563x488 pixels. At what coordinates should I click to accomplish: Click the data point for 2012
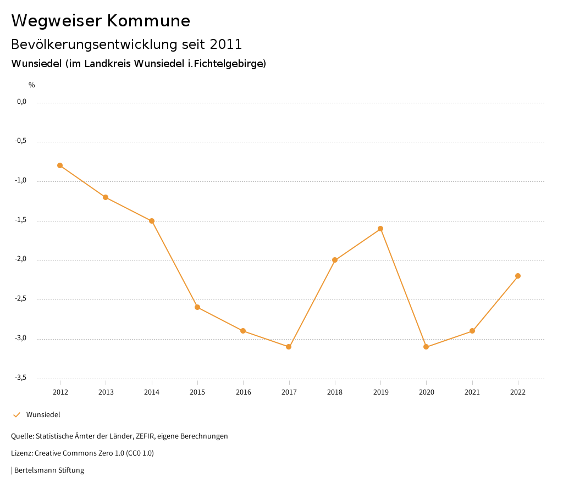[x=60, y=165]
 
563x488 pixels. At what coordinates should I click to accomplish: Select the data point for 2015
[x=197, y=307]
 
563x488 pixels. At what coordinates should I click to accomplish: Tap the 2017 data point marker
[x=289, y=347]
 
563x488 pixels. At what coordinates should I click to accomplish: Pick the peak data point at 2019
[x=380, y=229]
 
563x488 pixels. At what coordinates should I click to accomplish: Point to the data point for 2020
[x=426, y=347]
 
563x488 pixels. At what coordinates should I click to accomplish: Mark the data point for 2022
[x=518, y=276]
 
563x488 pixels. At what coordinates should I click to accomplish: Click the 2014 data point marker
[x=152, y=221]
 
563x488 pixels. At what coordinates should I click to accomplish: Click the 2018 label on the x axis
[x=335, y=392]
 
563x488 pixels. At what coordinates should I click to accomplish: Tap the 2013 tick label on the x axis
[x=106, y=392]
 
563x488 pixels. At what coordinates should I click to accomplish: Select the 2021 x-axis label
[x=472, y=392]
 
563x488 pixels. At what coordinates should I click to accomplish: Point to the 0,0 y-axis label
[x=21, y=102]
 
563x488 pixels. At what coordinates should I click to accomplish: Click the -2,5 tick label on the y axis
[x=21, y=299]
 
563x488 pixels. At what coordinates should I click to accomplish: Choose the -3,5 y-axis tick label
[x=21, y=378]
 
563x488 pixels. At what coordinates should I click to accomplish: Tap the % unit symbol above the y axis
[x=32, y=85]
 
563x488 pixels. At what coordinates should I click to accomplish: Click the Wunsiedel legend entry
[x=43, y=415]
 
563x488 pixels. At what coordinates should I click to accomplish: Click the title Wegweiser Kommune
[x=101, y=21]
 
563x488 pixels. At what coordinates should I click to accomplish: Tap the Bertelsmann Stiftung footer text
[x=49, y=470]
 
